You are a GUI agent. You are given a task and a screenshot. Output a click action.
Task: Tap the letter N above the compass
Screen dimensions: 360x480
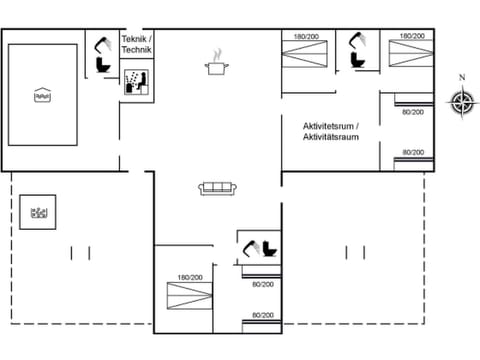coord(461,77)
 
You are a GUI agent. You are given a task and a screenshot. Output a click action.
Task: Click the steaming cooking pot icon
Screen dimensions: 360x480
coord(216,66)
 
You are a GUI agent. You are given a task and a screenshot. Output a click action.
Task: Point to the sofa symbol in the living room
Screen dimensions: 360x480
coord(216,187)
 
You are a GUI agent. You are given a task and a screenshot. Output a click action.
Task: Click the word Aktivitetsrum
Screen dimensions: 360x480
coord(330,125)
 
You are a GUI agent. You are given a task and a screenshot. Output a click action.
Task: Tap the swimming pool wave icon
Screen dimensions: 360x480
coord(42,96)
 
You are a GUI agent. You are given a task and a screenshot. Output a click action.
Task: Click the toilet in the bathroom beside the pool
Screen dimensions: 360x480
coord(101,66)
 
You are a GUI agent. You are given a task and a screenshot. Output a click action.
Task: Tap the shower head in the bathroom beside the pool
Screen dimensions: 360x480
coord(103,44)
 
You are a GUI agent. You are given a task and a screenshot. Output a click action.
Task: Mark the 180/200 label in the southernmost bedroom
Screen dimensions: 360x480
coord(190,277)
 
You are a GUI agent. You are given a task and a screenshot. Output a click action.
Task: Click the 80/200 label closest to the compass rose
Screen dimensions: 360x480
coord(412,112)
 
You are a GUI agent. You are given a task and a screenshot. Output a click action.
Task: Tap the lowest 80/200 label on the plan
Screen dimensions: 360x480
coord(263,314)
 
